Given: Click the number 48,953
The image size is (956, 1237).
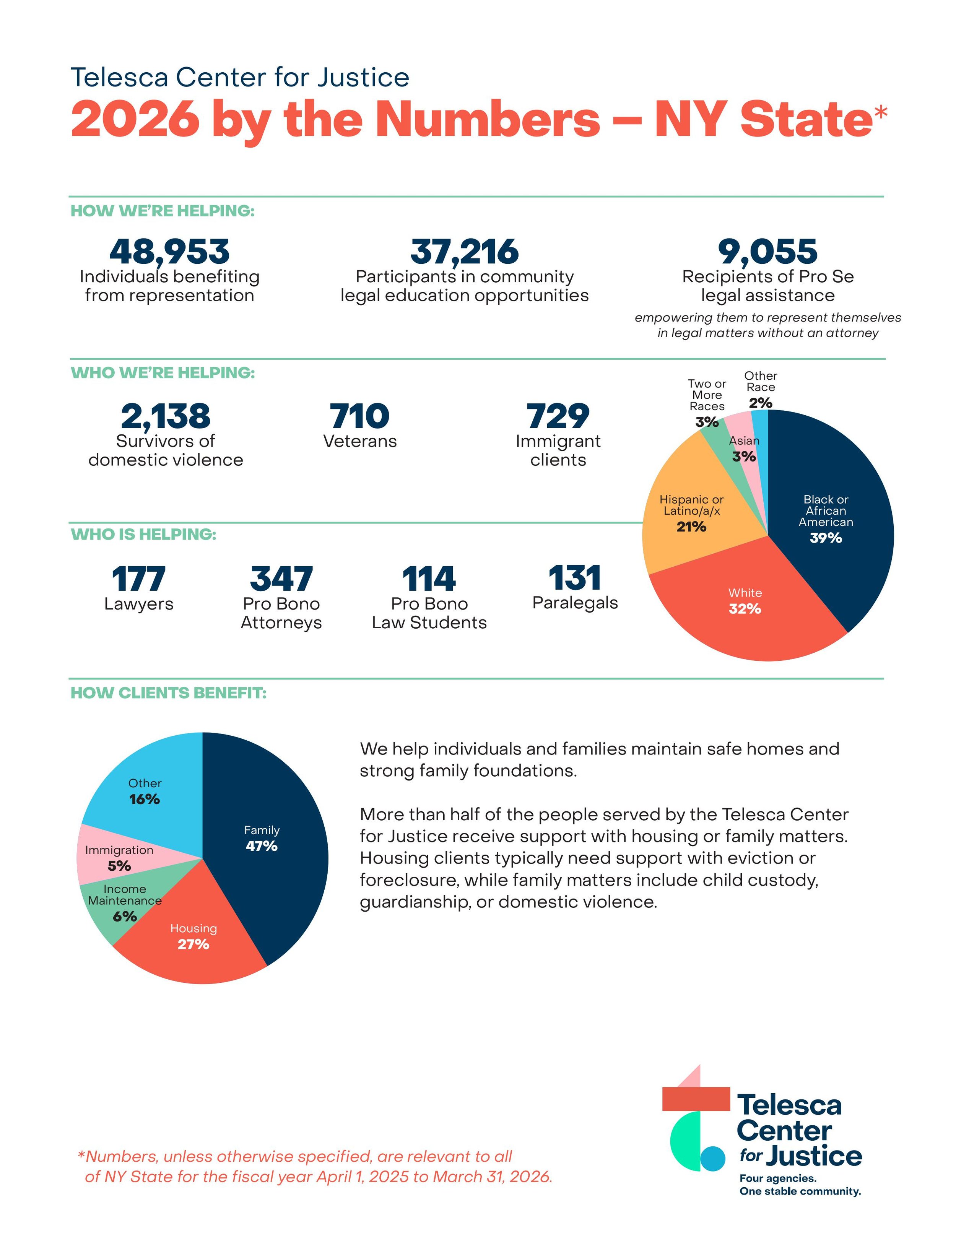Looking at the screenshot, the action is (169, 252).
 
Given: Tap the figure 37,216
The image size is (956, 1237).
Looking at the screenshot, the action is (464, 252).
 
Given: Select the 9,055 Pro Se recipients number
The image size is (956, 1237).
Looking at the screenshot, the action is (767, 252).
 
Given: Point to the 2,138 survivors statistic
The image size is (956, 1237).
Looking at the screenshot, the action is (165, 416).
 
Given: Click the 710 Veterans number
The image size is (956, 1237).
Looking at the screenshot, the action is (359, 416).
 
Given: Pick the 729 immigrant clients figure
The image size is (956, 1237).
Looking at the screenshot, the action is (558, 416).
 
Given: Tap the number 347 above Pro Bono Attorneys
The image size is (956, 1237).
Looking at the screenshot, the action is (281, 579).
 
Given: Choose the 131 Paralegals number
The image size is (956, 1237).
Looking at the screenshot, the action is (574, 578).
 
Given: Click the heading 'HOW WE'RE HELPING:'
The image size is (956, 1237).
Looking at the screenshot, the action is (163, 211).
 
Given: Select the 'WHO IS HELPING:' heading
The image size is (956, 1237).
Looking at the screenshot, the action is (143, 534).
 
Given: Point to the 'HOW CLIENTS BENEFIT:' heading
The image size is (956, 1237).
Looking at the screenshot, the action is (168, 693).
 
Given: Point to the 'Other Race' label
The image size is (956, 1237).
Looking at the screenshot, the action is (761, 381).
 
